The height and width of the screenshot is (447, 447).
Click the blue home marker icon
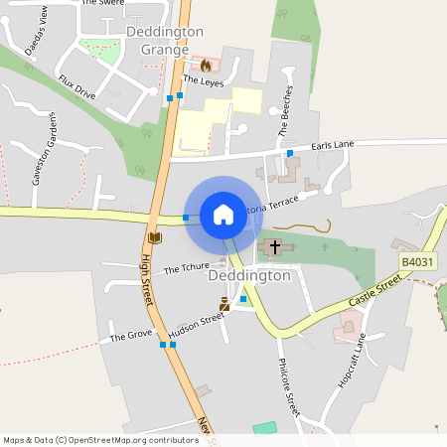coord(223,215)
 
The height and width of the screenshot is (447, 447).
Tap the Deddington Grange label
coord(165,40)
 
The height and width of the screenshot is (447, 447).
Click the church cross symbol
coord(275,244)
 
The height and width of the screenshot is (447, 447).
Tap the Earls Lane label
coord(332,146)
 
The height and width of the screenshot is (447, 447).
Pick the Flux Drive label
coord(76,87)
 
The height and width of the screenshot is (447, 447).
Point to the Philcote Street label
coord(289,386)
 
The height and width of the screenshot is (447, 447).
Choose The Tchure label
coord(185,268)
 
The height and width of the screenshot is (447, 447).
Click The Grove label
coord(130,337)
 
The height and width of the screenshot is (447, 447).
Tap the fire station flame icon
coord(206,66)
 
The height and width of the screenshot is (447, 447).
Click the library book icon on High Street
coord(154,237)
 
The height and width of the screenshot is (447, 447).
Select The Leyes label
coord(204,81)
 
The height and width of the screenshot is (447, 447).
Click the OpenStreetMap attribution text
coord(101,439)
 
